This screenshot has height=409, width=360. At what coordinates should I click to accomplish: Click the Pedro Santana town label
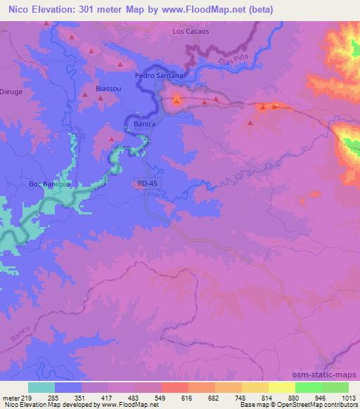coord(159,75)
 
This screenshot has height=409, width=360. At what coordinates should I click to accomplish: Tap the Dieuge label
coord(12,91)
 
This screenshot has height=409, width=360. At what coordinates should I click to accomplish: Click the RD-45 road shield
coord(146,184)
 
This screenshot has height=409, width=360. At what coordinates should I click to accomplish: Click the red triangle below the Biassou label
coord(101,99)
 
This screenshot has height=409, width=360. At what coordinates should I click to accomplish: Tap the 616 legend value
coord(186,398)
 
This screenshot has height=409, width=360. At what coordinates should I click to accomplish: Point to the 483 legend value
coord(133,398)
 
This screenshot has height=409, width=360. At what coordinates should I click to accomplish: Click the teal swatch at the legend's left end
coord(41,387)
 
